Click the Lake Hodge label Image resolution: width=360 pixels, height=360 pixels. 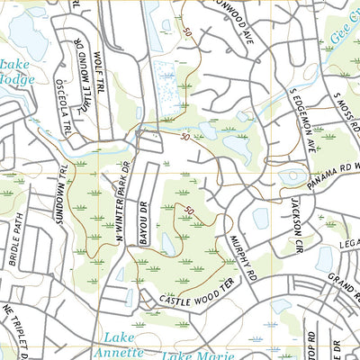point(16,72)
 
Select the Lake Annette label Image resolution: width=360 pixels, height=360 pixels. point(119,343)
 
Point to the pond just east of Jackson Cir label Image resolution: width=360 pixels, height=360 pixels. point(326,259)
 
